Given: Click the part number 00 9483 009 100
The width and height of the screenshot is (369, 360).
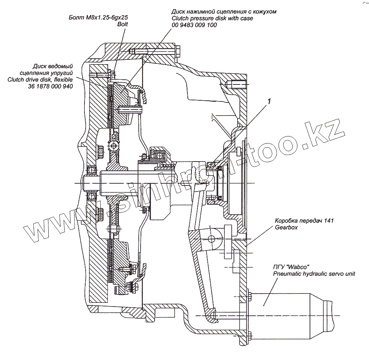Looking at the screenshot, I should pyautogui.click(x=194, y=25).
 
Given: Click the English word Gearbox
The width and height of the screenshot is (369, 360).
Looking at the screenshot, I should pyautogui.click(x=286, y=228).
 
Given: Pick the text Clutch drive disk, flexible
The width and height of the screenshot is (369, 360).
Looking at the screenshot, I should pyautogui.click(x=39, y=79).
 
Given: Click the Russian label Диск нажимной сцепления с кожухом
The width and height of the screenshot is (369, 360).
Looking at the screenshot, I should pyautogui.click(x=224, y=11).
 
